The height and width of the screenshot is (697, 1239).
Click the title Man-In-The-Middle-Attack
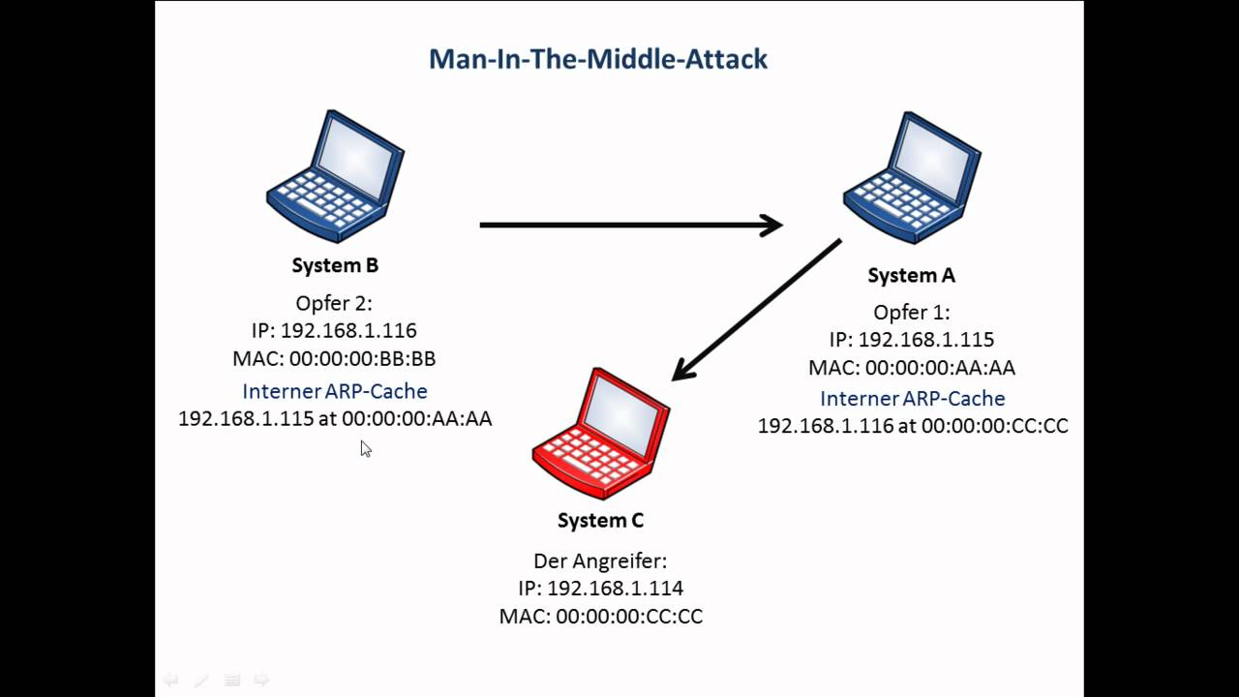click(x=598, y=59)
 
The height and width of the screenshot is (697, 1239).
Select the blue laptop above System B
click(x=335, y=176)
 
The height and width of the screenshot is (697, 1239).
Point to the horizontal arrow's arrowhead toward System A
click(x=771, y=226)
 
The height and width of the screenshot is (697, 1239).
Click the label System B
click(x=335, y=265)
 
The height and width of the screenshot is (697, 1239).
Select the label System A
click(x=911, y=276)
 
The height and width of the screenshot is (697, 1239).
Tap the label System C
click(x=600, y=521)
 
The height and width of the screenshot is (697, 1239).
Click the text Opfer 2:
click(x=334, y=303)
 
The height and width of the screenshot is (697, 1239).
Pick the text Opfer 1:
click(x=911, y=313)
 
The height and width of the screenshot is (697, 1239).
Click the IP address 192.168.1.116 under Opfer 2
click(x=334, y=331)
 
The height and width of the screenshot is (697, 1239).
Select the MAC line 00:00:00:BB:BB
click(x=334, y=359)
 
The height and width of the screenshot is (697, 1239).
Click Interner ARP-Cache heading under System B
click(x=334, y=391)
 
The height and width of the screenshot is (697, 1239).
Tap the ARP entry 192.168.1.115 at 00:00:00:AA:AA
click(x=335, y=419)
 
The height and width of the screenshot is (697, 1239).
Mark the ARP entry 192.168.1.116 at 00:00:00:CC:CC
click(x=912, y=426)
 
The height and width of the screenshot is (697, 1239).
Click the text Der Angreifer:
click(x=600, y=561)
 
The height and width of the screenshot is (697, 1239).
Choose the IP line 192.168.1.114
click(x=600, y=589)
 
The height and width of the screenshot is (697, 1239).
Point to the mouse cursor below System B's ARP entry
click(x=365, y=448)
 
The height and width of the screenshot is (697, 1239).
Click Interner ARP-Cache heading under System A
click(x=912, y=399)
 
